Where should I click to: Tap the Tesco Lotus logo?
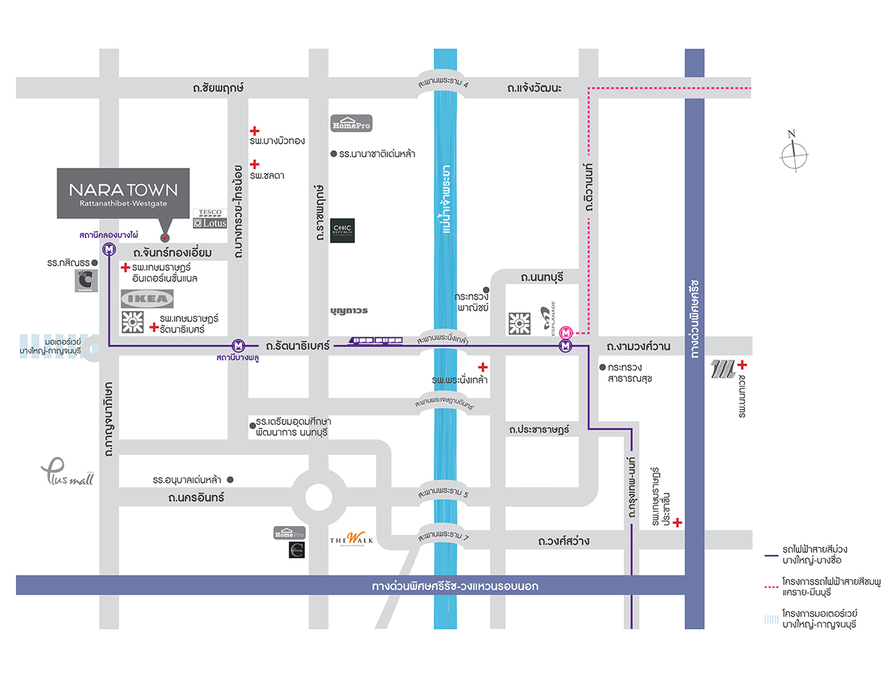point(210,218)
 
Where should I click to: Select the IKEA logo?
point(147,299)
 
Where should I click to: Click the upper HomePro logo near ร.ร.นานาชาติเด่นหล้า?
point(351,123)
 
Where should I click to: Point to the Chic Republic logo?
point(342,230)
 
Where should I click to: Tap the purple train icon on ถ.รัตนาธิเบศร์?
point(375,340)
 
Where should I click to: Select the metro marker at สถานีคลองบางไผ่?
point(109,250)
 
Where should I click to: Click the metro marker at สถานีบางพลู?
point(238,345)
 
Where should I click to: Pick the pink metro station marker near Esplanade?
point(565,333)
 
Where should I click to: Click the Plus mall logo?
point(67,473)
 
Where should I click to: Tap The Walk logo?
point(351,539)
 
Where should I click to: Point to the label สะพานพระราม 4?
point(443,82)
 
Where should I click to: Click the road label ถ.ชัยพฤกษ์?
point(218,88)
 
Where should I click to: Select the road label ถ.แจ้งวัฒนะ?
point(534,88)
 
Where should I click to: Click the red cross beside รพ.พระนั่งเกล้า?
point(483,367)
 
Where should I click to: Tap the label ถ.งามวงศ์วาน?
point(638,346)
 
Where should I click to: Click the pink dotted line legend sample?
point(771,587)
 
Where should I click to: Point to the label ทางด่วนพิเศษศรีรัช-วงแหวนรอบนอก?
point(455,586)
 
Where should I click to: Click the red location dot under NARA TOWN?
point(165,238)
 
